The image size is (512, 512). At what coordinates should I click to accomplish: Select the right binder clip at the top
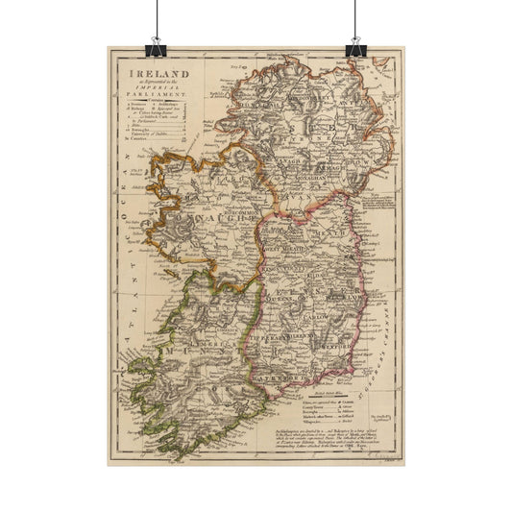click(356, 43)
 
